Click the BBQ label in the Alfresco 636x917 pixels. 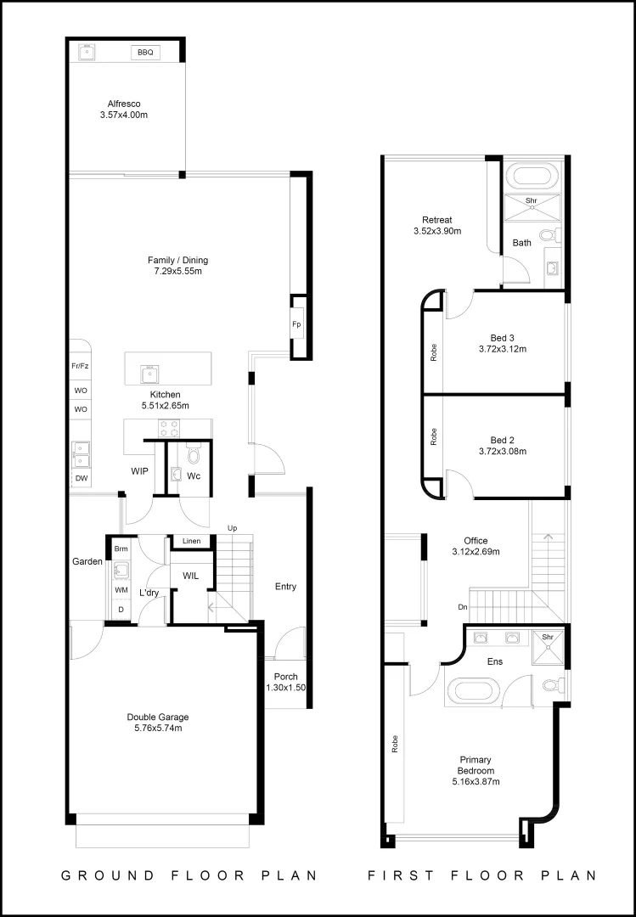click(x=145, y=53)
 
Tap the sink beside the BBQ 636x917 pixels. click(x=87, y=53)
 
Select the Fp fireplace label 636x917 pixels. click(x=296, y=324)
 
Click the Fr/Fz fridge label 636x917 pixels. click(x=81, y=366)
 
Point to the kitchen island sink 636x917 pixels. click(x=149, y=371)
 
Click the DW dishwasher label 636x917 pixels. click(x=81, y=479)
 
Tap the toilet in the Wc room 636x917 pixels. click(x=193, y=453)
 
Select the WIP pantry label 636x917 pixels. click(x=140, y=470)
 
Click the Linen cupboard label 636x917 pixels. click(x=191, y=541)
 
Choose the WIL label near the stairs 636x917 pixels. click(x=190, y=576)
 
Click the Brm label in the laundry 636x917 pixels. click(x=121, y=549)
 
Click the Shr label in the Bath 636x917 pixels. click(x=532, y=201)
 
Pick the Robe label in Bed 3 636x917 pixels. click(x=433, y=352)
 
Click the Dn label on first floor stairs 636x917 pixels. click(x=461, y=607)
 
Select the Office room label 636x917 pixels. click(x=476, y=540)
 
